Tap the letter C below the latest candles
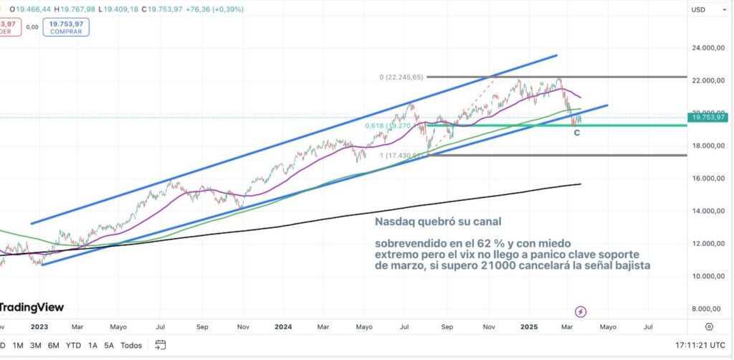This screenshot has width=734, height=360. [577, 133]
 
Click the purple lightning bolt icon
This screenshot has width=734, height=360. [581, 311]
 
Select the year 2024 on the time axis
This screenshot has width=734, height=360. [284, 327]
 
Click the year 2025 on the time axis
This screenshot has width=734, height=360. [529, 327]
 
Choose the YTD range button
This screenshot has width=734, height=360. [73, 345]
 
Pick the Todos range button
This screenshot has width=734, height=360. [131, 345]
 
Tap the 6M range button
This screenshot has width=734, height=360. [54, 345]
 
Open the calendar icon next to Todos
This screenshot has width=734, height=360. [161, 345]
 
